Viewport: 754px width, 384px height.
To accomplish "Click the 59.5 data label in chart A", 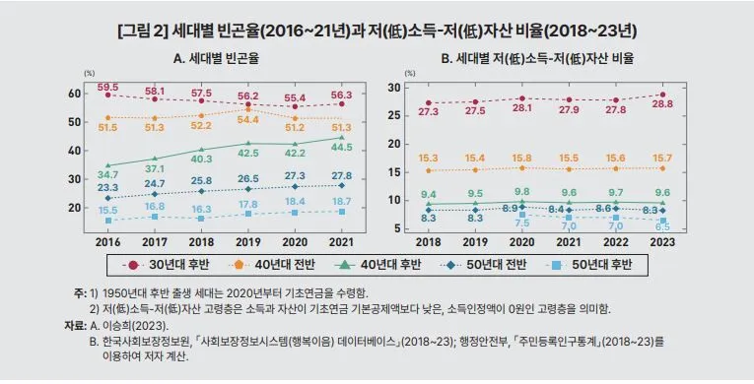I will coord(109,87).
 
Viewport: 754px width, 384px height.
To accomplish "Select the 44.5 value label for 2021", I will coord(342,148).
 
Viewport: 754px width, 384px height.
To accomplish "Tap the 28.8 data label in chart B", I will coord(663,104).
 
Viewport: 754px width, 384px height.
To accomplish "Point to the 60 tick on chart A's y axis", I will coord(74,93).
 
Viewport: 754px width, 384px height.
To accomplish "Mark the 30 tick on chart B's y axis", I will coord(392,88).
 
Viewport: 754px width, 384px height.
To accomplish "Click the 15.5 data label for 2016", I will coord(108,211).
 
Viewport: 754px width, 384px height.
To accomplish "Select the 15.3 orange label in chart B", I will coord(428,158).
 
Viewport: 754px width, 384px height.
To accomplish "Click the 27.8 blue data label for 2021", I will coord(342,173).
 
